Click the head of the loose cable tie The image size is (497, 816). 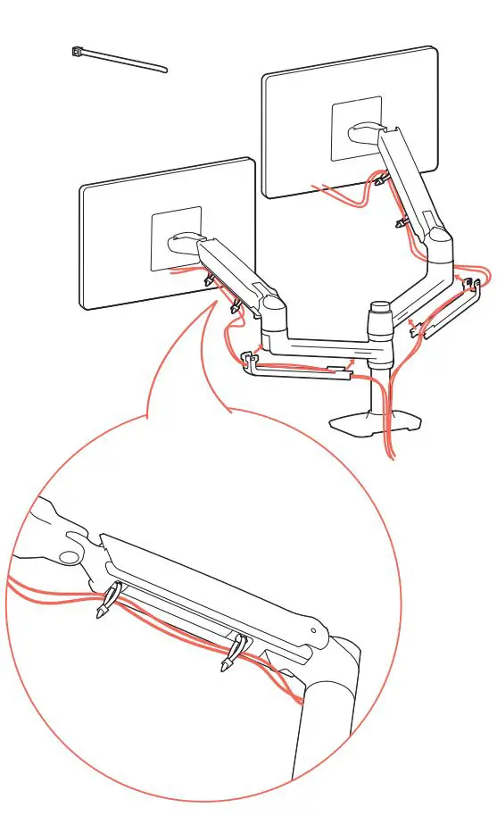click(x=78, y=53)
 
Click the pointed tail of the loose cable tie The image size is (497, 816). click(x=164, y=71)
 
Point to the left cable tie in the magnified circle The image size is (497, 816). click(x=106, y=602)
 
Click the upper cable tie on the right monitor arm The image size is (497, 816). click(x=383, y=181)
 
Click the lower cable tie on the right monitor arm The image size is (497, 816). click(x=402, y=220)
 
